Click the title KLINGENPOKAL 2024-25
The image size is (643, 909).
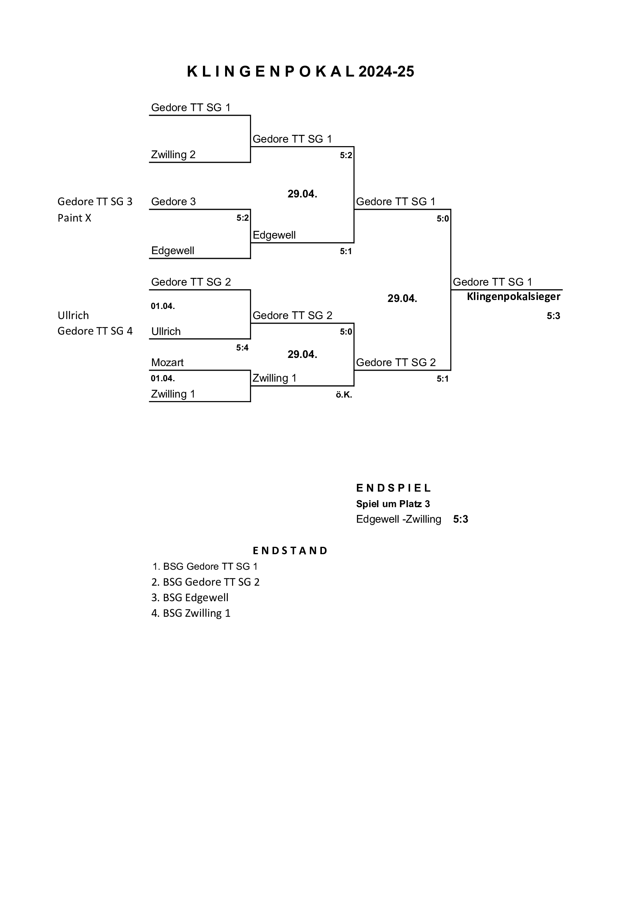pyautogui.click(x=300, y=72)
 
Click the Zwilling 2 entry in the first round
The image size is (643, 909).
pyautogui.click(x=173, y=155)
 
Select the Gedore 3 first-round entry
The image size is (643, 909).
pyautogui.click(x=173, y=202)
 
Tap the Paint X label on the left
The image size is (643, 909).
pyautogui.click(x=74, y=218)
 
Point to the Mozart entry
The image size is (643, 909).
pyautogui.click(x=168, y=362)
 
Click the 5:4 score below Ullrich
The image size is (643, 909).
pyautogui.click(x=242, y=347)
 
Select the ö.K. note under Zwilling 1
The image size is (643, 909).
pyautogui.click(x=344, y=395)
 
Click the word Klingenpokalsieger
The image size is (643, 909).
pyautogui.click(x=514, y=297)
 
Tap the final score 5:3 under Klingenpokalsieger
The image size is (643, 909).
pyautogui.click(x=553, y=316)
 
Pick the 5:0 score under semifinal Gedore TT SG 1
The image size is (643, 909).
pyautogui.click(x=443, y=219)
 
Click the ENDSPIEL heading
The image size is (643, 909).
pyautogui.click(x=393, y=488)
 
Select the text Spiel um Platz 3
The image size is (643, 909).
pyautogui.click(x=393, y=504)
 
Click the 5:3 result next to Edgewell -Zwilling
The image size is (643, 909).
pyautogui.click(x=460, y=519)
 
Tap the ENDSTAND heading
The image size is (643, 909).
pyautogui.click(x=290, y=551)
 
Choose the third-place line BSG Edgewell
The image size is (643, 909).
pyautogui.click(x=190, y=597)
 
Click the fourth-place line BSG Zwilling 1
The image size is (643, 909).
pyautogui.click(x=191, y=613)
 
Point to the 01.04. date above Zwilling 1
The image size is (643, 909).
pyautogui.click(x=163, y=378)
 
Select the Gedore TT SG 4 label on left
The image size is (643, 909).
pyautogui.click(x=95, y=331)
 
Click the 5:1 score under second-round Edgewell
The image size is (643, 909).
pyautogui.click(x=346, y=251)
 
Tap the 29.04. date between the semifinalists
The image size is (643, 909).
pyautogui.click(x=402, y=298)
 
